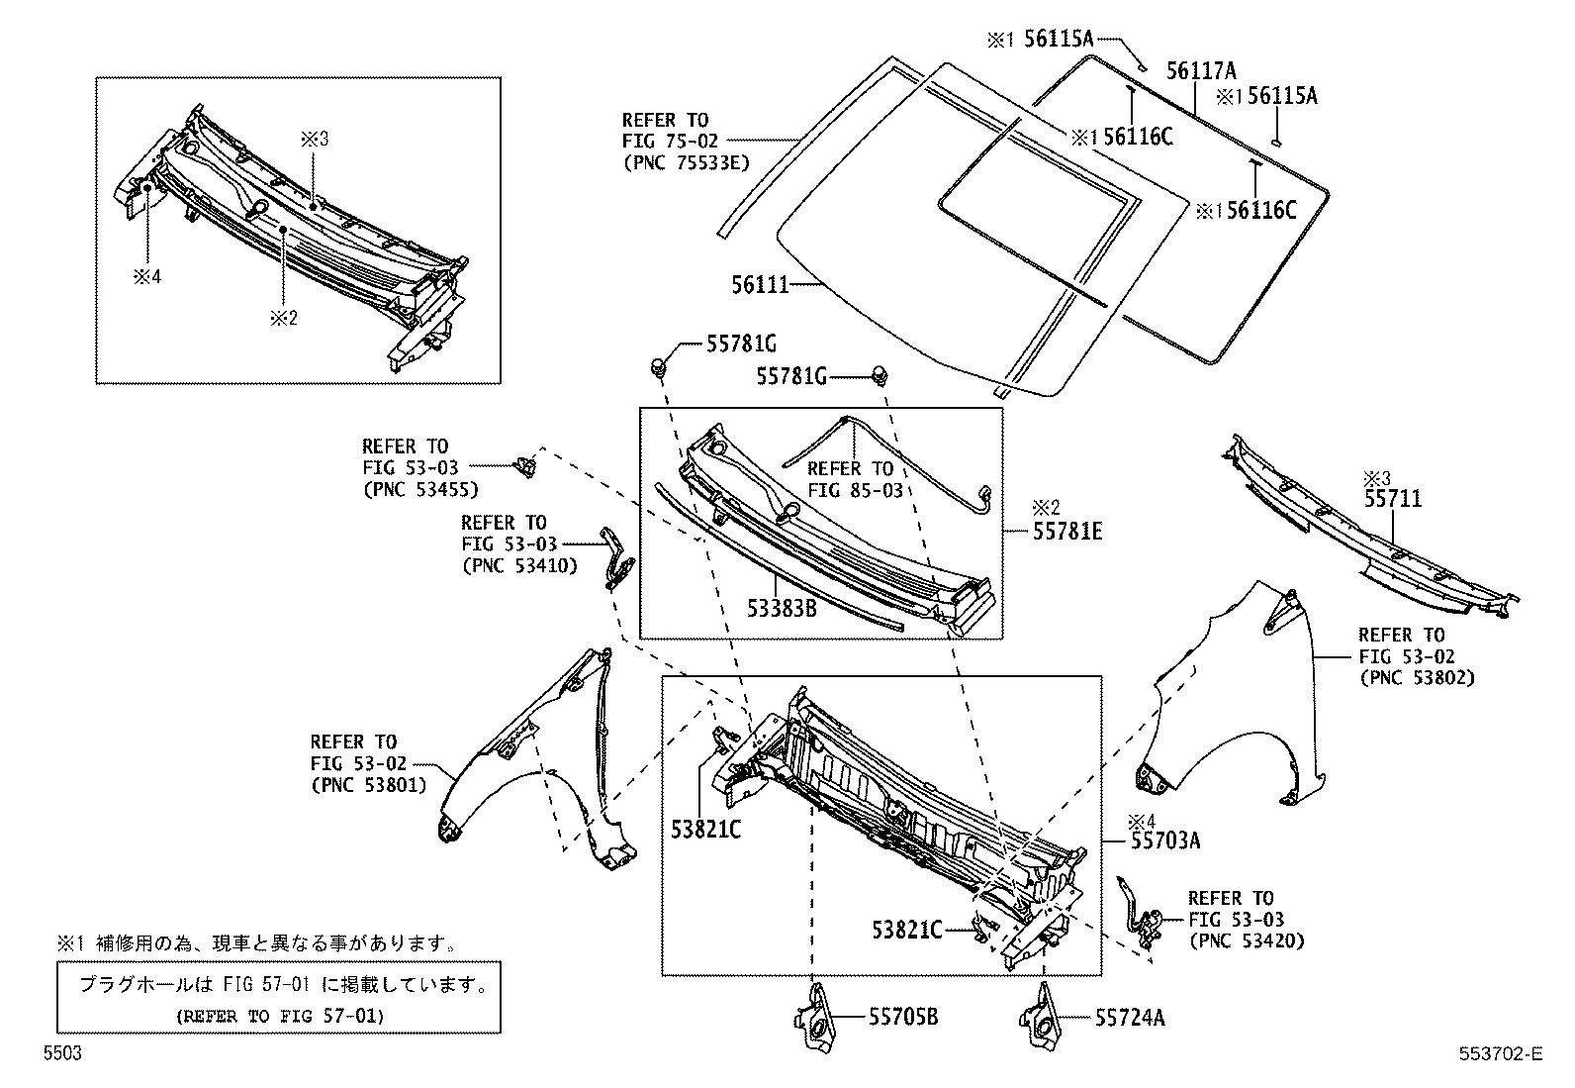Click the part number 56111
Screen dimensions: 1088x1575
[760, 285]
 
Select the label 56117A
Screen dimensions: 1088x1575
[1201, 70]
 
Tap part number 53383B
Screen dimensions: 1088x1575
[782, 608]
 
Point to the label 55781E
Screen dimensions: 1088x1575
[1067, 532]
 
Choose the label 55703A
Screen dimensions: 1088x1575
[1165, 841]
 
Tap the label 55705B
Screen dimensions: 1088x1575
[903, 1017]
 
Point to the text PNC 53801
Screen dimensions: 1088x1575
[368, 784]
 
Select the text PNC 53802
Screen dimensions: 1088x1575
[1417, 678]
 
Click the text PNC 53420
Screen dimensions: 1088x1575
[1247, 940]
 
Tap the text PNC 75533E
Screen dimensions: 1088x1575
[687, 163]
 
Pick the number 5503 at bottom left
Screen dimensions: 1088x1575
[61, 1055]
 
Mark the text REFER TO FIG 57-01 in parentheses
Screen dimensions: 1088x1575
[280, 1016]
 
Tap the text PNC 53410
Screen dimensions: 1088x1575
[519, 565]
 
